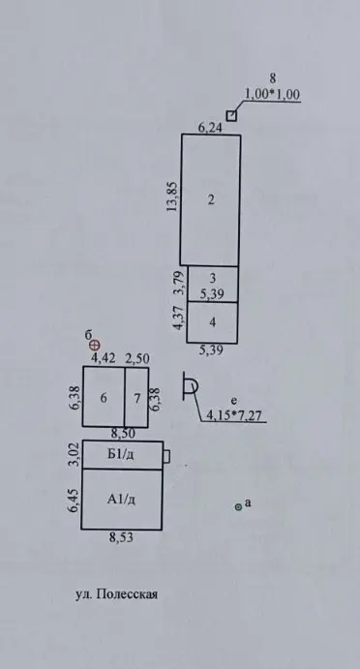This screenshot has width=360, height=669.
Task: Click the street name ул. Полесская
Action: [116, 594]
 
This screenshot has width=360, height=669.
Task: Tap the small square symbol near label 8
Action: [231, 116]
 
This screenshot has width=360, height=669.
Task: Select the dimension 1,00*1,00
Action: [273, 94]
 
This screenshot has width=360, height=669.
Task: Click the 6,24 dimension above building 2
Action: [210, 127]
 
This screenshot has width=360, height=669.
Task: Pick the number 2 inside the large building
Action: [211, 199]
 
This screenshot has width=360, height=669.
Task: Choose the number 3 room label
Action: [213, 278]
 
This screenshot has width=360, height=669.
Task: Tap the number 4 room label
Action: [213, 322]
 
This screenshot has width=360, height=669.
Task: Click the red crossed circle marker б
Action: [97, 345]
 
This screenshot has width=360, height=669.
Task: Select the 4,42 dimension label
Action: [102, 358]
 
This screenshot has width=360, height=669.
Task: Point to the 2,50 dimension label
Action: [136, 358]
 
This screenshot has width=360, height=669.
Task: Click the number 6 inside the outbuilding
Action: [104, 398]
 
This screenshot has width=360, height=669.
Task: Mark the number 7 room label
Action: [136, 399]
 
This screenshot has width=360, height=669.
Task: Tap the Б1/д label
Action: [122, 455]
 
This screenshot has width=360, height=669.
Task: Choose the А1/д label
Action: [122, 500]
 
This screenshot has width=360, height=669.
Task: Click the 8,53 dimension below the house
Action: [121, 538]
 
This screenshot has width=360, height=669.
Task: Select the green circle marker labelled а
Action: [238, 507]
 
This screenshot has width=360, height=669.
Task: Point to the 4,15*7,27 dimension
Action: [233, 414]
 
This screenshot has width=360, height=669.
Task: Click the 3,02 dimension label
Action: [75, 455]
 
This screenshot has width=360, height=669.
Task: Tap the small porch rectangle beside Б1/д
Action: [166, 456]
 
